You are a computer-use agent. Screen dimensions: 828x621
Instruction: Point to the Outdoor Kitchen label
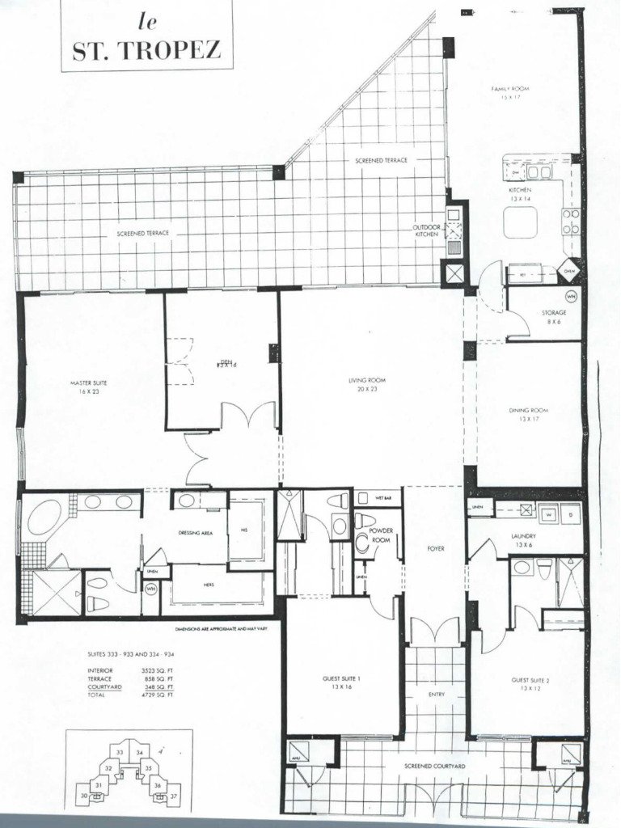pos(426,231)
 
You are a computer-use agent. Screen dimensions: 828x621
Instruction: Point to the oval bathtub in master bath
pos(44,517)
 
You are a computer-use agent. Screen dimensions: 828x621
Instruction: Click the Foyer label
pos(437,550)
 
